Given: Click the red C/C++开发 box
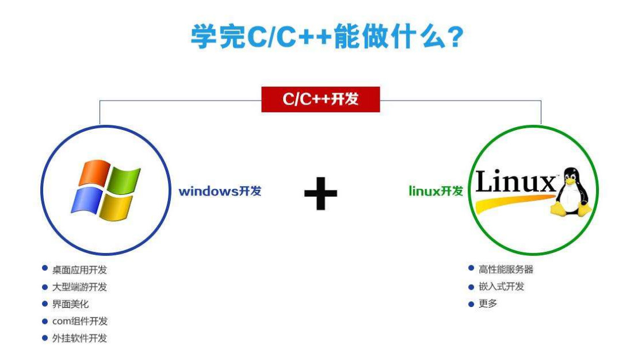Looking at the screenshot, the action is click(320, 99).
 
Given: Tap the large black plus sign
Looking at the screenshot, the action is click(320, 193).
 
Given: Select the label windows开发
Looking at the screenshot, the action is click(220, 191).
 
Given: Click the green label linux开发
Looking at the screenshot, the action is click(436, 191).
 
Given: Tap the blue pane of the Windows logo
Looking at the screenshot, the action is click(86, 201).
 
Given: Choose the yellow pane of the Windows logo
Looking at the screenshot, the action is click(116, 208).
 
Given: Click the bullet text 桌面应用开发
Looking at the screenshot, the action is click(79, 270).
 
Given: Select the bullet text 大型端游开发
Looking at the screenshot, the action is click(79, 287).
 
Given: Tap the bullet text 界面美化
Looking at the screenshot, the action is click(70, 304).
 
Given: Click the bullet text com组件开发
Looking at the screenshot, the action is click(79, 321).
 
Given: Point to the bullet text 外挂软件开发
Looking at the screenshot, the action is click(79, 338).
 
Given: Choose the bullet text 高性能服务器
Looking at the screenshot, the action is click(506, 269).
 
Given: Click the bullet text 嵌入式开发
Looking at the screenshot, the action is click(501, 286).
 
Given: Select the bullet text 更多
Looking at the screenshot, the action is click(488, 304).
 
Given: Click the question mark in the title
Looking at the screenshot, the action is click(456, 37).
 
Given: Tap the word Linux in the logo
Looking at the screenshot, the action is click(516, 182).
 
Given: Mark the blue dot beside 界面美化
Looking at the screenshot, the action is click(45, 304).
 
